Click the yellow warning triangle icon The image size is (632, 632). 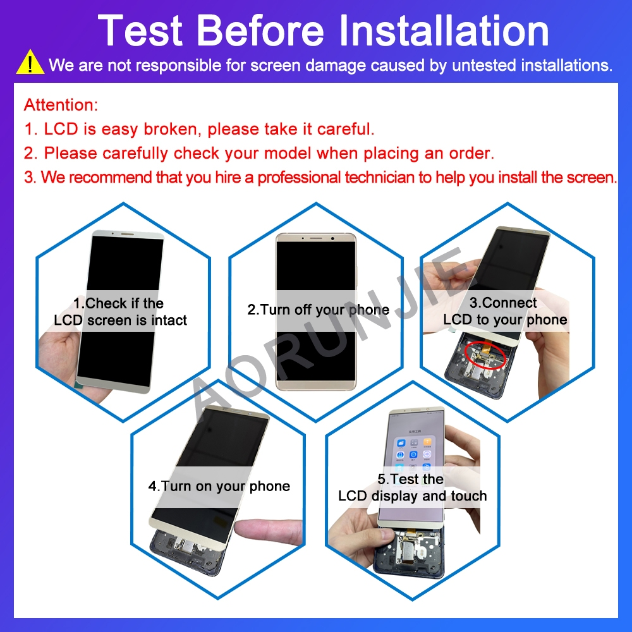pyautogui.click(x=30, y=64)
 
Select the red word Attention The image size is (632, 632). pyautogui.click(x=61, y=104)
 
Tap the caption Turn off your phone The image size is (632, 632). pyautogui.click(x=318, y=310)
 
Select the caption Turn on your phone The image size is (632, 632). pyautogui.click(x=219, y=486)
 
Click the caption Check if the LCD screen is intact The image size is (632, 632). pyautogui.click(x=120, y=312)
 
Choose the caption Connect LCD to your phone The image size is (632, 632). pyautogui.click(x=504, y=311)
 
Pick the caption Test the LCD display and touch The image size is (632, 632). pyautogui.click(x=412, y=487)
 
